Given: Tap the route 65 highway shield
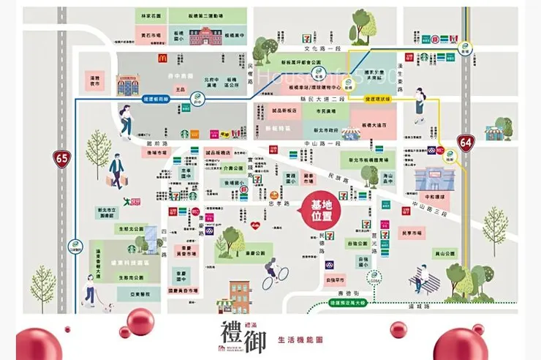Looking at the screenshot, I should click(61, 157).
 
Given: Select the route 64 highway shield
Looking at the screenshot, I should click(465, 140).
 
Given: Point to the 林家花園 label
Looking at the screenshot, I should click(150, 14).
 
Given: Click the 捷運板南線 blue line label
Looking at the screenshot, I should click(156, 97).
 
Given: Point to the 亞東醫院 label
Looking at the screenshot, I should click(129, 293).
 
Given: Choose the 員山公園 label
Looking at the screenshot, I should click(445, 253).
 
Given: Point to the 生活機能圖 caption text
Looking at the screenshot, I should click(300, 340).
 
